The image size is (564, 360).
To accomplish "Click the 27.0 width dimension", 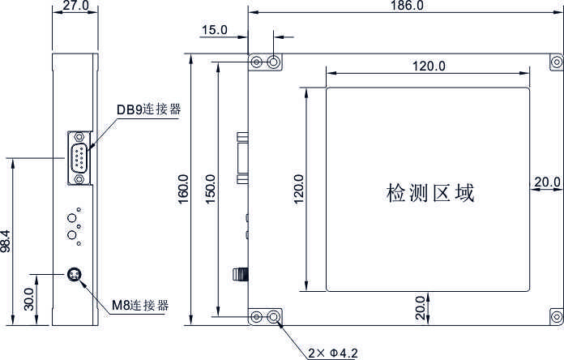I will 75,6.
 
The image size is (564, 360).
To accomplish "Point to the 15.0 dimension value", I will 215,30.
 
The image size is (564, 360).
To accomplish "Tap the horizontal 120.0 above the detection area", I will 428,66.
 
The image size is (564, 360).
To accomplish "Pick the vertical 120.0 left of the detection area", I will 298,188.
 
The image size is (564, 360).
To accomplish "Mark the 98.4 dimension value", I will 6,242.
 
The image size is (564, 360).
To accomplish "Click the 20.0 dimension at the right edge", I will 547,182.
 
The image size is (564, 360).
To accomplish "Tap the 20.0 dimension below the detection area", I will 420,308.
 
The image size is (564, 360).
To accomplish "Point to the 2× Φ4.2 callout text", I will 333,353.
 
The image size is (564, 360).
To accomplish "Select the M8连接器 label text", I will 140,306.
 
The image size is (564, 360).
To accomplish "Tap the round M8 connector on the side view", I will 74,275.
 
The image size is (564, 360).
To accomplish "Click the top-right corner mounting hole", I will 555,62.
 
